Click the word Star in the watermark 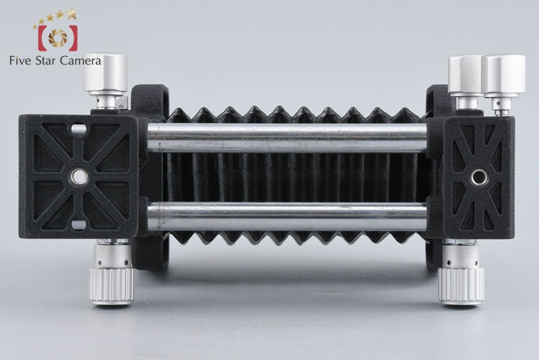point(46,61)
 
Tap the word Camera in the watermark point(80,61)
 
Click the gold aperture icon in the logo point(58,38)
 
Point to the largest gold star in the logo point(72,13)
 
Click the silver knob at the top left point(105,75)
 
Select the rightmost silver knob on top point(503,74)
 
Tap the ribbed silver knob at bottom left point(112,286)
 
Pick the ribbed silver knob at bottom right point(461,286)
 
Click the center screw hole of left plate point(79,177)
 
